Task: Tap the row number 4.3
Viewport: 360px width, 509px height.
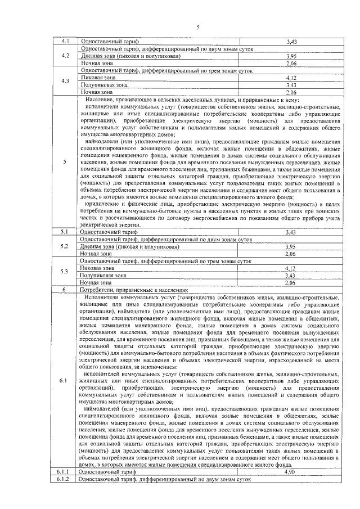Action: [65, 81]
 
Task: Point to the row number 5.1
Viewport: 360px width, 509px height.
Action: [65, 232]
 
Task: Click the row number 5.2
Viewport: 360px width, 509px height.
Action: [65, 246]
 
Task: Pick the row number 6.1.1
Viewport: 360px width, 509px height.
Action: [62, 472]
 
